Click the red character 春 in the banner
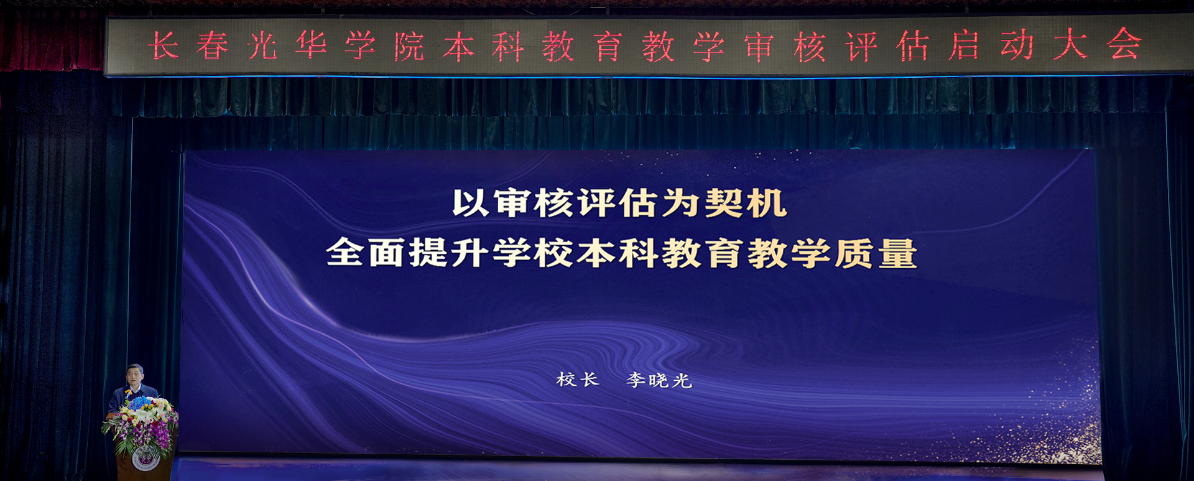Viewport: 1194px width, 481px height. [x=213, y=46]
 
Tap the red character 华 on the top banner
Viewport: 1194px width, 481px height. [x=311, y=45]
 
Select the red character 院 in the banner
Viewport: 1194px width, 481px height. [x=409, y=46]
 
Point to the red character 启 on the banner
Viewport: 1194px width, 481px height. [x=963, y=46]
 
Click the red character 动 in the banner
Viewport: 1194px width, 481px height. [x=1017, y=45]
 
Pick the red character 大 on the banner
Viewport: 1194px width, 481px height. [x=1070, y=45]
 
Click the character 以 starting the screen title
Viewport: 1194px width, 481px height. [x=471, y=203]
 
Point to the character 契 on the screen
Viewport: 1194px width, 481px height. [x=723, y=203]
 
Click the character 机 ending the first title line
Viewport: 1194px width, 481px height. [x=766, y=203]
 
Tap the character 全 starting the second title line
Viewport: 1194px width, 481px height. [x=345, y=253]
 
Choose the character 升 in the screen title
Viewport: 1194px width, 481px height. [x=470, y=253]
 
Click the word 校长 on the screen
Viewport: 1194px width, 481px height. [x=578, y=380]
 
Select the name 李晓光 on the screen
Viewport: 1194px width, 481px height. [x=659, y=380]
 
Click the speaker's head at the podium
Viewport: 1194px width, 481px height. [x=135, y=375]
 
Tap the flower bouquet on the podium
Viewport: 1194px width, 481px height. [x=141, y=424]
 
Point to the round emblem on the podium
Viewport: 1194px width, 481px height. [x=146, y=459]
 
